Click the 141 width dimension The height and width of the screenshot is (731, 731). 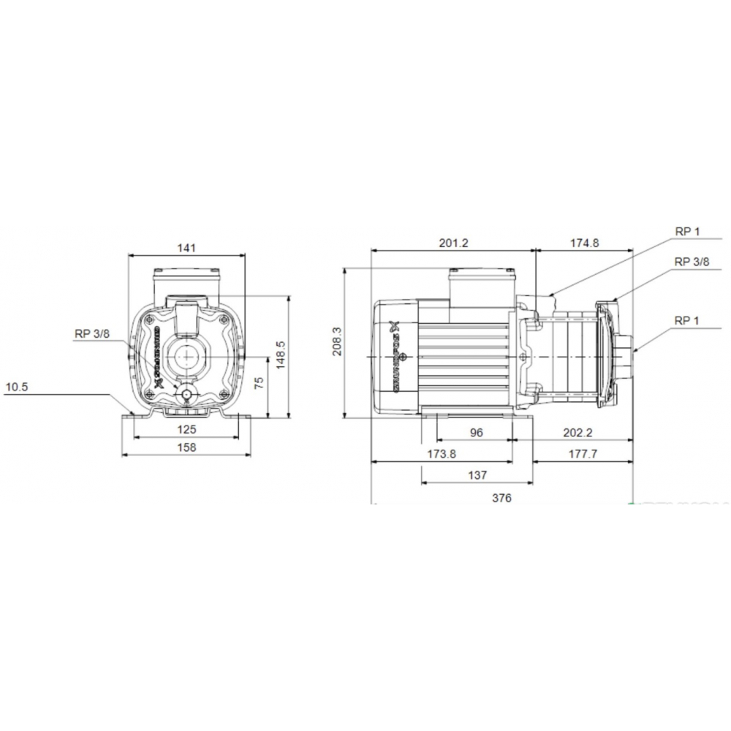coord(187,249)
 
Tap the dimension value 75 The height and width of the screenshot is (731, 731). coord(258,385)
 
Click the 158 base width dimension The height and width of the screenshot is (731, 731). coord(187,447)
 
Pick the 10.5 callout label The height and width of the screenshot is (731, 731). coord(16,388)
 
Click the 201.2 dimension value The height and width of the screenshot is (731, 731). coord(453,243)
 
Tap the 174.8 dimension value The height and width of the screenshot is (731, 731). coord(583,243)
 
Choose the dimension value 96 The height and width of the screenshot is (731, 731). coord(476,433)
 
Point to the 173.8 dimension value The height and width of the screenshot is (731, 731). coord(442,454)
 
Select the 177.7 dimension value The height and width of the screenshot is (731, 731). coord(582,454)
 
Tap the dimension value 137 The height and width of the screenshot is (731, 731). coord(477,475)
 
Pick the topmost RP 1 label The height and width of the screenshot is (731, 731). coord(687,232)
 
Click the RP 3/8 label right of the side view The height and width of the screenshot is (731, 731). coord(691,261)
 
